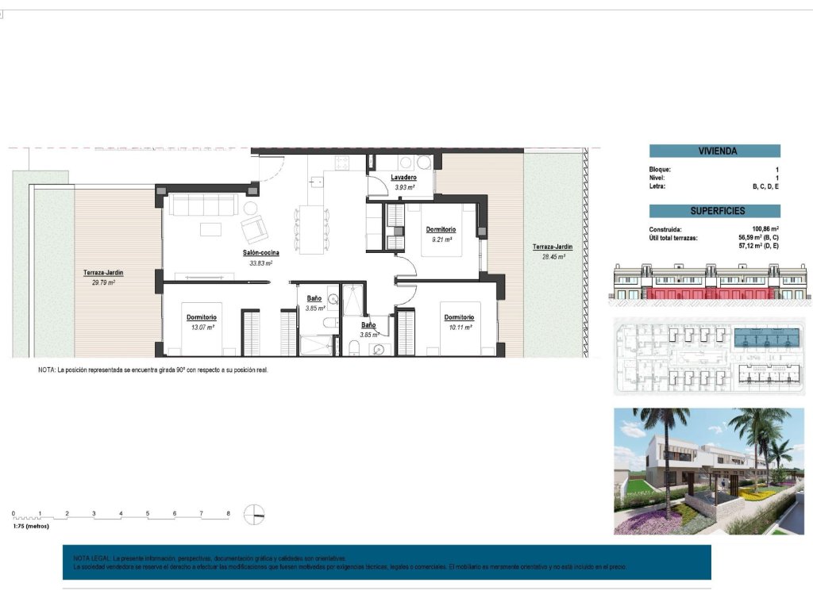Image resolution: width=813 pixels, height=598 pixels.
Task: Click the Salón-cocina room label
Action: (x=260, y=253)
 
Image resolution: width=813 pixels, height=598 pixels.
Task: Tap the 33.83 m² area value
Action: (x=260, y=263)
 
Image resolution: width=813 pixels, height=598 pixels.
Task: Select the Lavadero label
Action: (x=404, y=178)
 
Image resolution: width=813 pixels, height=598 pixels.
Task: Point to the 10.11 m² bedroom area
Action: (x=460, y=327)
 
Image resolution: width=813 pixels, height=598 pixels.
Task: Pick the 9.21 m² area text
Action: (x=441, y=240)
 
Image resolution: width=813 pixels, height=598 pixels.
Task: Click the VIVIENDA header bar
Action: (x=715, y=151)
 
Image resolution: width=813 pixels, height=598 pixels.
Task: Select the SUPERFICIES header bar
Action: (x=715, y=211)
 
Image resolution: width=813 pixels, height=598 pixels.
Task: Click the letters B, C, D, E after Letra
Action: (x=766, y=186)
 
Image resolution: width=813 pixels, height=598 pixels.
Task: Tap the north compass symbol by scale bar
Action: (x=254, y=514)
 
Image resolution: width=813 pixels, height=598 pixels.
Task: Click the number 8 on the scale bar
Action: (x=229, y=514)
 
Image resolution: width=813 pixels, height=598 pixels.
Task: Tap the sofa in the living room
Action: (x=203, y=205)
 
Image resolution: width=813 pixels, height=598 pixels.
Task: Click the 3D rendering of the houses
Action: (x=708, y=471)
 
